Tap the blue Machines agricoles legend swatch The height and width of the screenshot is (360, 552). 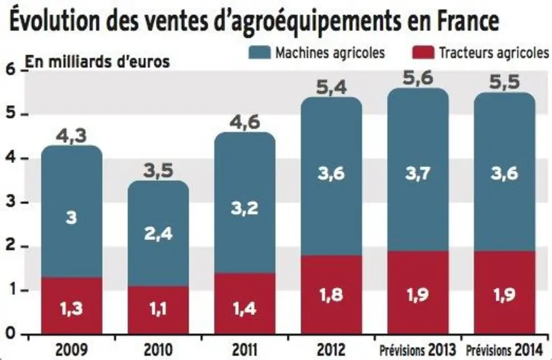click(x=260, y=52)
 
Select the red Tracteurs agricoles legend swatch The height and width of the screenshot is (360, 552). click(x=423, y=52)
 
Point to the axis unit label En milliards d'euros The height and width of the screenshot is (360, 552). click(x=97, y=62)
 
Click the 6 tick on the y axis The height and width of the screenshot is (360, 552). click(x=12, y=70)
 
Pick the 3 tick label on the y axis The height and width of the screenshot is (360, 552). click(x=12, y=202)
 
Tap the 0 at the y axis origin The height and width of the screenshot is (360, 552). click(x=11, y=333)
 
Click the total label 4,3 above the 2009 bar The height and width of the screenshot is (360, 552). click(x=71, y=136)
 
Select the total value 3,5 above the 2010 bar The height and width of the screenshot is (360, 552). click(x=158, y=171)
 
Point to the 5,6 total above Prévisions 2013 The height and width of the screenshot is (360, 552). click(x=418, y=77)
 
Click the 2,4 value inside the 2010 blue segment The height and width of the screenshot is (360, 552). click(x=158, y=233)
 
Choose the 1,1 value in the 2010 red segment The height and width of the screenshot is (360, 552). click(x=158, y=309)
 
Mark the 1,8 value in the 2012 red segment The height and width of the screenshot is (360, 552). click(x=331, y=295)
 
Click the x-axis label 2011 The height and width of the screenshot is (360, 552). click(x=245, y=350)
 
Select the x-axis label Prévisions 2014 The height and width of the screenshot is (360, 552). click(x=504, y=350)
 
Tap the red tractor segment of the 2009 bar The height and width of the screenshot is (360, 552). click(x=72, y=306)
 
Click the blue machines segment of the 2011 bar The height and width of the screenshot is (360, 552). click(x=245, y=202)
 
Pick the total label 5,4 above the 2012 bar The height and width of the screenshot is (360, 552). click(x=331, y=87)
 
